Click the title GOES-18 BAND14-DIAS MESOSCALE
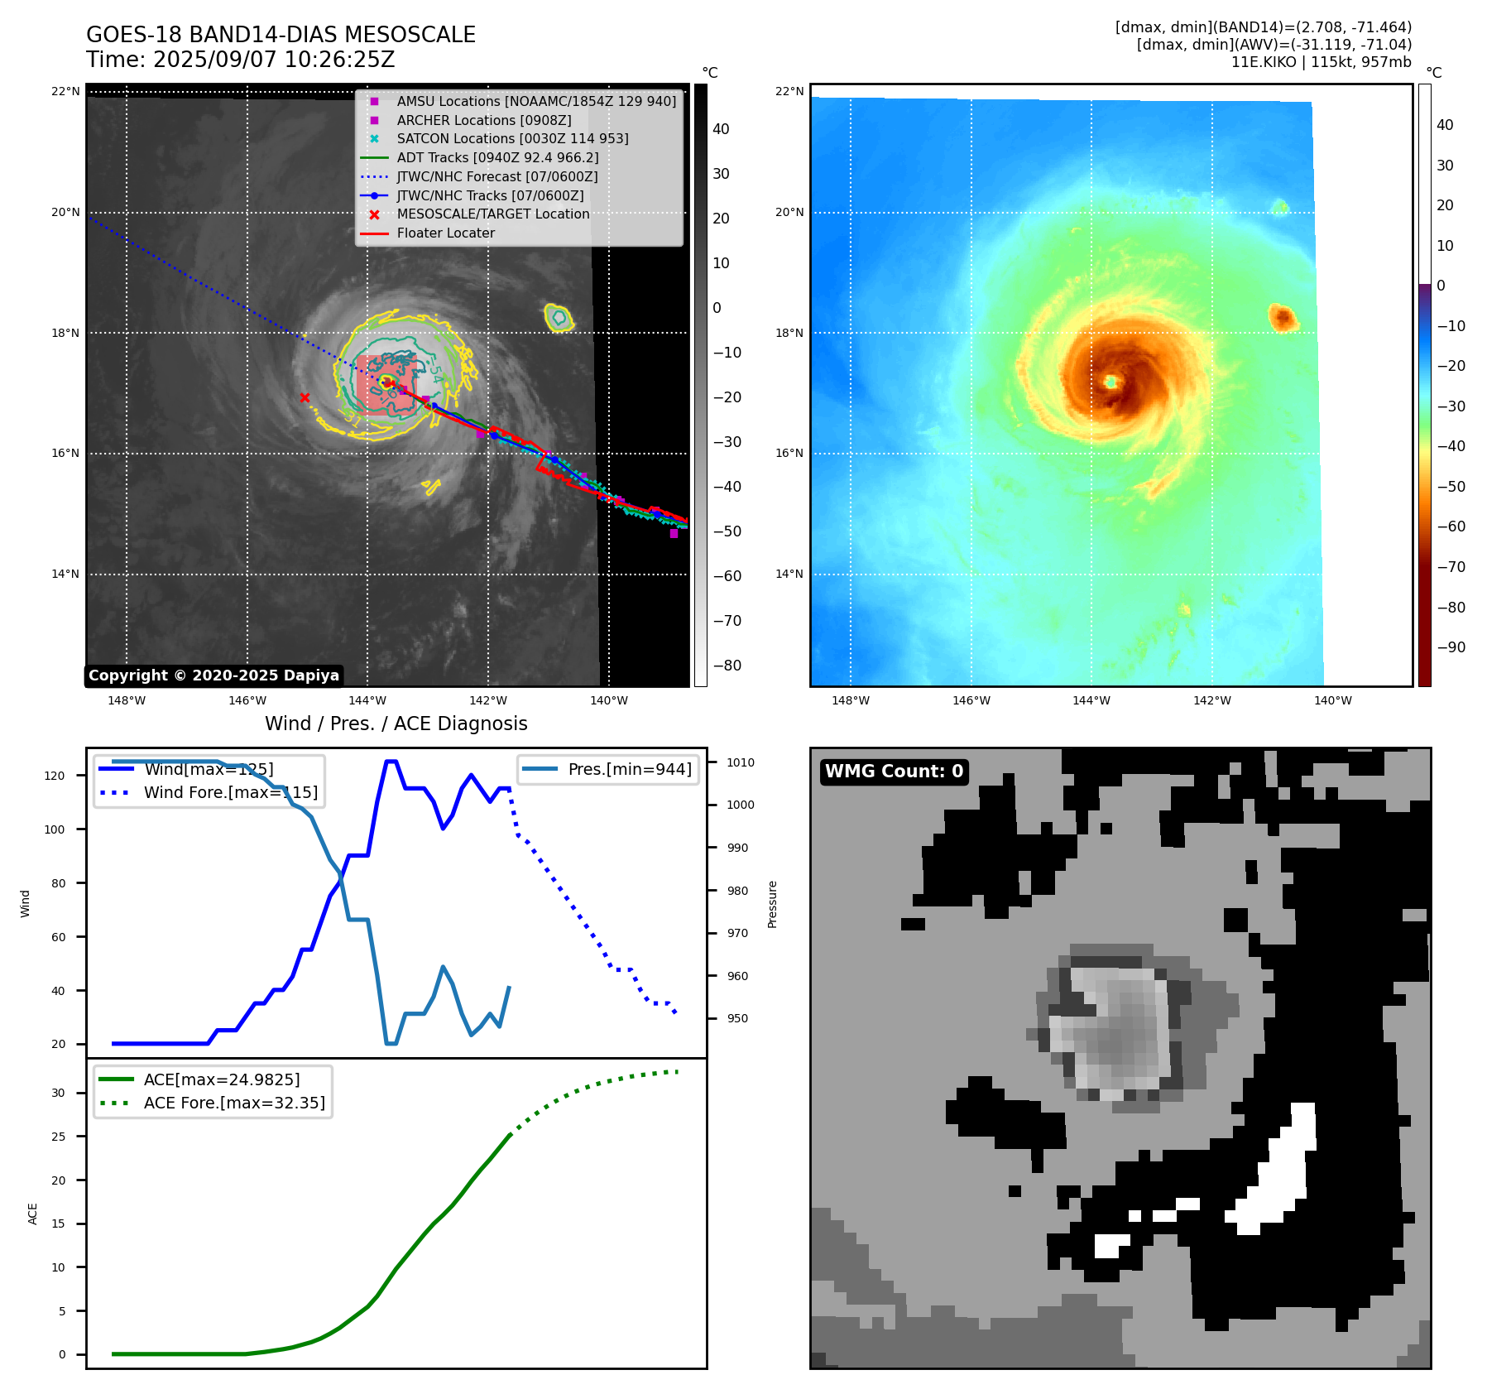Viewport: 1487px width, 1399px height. tap(281, 35)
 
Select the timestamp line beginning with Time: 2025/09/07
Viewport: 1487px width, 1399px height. tap(240, 60)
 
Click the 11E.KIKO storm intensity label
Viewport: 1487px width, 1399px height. tap(1321, 62)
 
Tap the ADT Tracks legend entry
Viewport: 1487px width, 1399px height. tap(497, 157)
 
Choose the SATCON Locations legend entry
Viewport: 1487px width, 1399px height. tap(512, 138)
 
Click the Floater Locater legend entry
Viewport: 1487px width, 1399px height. tap(445, 233)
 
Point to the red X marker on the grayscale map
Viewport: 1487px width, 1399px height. tap(305, 398)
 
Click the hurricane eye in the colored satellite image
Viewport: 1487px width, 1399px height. tap(1110, 382)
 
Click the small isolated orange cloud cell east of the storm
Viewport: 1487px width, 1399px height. tap(1282, 317)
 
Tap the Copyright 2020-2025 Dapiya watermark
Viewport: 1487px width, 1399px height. tap(213, 675)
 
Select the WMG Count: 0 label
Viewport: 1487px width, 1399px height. tap(894, 772)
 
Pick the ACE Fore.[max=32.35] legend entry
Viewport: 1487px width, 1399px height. tap(234, 1103)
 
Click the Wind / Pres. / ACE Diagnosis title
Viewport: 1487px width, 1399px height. tap(396, 724)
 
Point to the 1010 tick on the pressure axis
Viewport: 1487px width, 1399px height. tap(741, 762)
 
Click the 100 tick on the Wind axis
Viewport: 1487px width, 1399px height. tap(55, 829)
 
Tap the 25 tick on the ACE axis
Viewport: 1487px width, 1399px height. tap(58, 1137)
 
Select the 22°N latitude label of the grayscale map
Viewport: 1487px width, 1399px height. tap(65, 91)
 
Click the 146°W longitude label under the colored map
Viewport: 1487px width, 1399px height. tap(971, 700)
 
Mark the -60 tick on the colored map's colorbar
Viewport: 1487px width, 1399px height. tap(1451, 526)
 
